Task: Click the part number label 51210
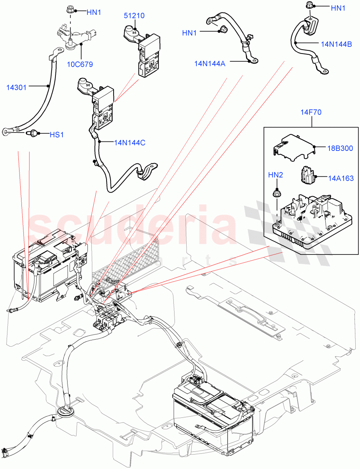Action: (134, 16)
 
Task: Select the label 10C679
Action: (82, 64)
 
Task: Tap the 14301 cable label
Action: (16, 87)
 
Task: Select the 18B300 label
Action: (340, 148)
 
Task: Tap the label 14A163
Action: (340, 178)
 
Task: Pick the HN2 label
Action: (275, 175)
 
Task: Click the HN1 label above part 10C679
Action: (94, 13)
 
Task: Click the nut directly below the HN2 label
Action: (275, 192)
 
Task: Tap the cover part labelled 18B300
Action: (293, 147)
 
